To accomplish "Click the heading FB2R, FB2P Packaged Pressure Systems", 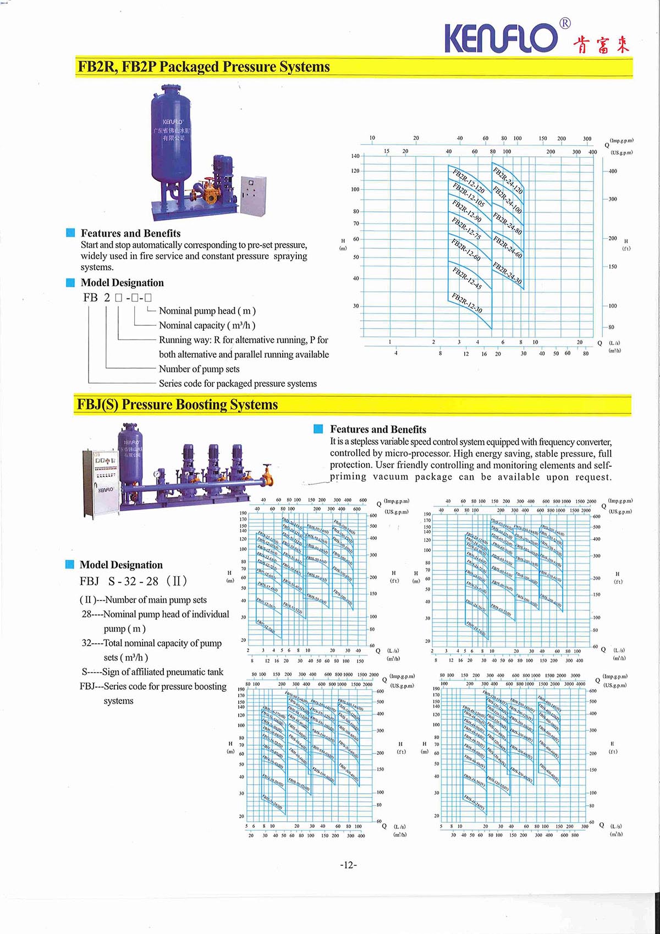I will [x=204, y=67].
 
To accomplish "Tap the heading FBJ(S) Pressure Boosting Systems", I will [x=177, y=405].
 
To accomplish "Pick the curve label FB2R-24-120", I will [x=508, y=180].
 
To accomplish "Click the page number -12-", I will [x=348, y=865].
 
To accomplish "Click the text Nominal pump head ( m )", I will [x=207, y=311].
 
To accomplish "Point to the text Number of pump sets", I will [x=199, y=369].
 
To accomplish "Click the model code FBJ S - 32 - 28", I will [x=134, y=581].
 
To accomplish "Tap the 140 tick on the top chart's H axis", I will [x=355, y=156].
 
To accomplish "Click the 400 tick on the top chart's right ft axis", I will [x=612, y=171].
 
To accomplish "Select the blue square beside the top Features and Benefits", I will [x=70, y=233].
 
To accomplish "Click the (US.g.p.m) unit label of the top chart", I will [x=621, y=152].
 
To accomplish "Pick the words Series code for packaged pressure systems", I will [x=238, y=384].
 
